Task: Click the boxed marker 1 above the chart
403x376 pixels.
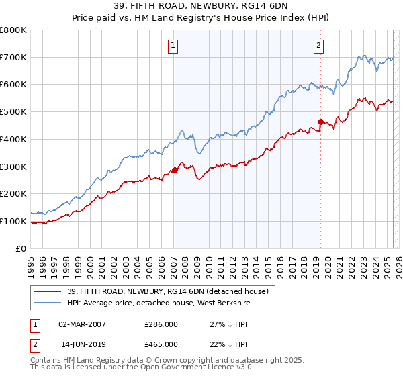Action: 173,46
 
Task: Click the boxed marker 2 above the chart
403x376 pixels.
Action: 318,46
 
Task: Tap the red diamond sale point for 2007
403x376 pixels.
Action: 175,171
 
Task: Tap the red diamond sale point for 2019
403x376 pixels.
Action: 321,122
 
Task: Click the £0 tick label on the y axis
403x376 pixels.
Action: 21,248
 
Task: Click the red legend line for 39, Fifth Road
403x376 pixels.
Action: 48,291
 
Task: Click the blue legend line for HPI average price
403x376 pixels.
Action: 48,303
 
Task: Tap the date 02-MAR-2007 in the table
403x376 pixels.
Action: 82,324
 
